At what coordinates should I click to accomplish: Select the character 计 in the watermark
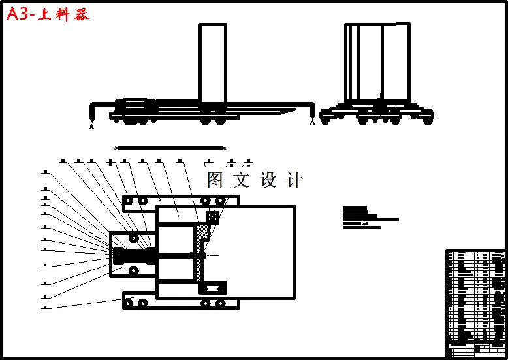(294, 180)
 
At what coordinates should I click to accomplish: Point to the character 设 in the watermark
(268, 180)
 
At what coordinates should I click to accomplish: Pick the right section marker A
(312, 122)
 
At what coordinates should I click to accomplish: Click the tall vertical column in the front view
(212, 63)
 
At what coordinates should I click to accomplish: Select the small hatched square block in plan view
(212, 216)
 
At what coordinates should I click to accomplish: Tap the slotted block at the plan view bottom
(213, 288)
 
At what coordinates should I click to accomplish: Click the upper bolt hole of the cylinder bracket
(133, 238)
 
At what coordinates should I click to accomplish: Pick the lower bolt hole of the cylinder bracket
(133, 270)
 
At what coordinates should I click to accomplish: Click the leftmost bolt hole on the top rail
(129, 200)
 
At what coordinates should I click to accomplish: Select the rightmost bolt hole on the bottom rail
(220, 303)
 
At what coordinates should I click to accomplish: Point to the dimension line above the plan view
(170, 148)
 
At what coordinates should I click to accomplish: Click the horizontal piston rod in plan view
(173, 255)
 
